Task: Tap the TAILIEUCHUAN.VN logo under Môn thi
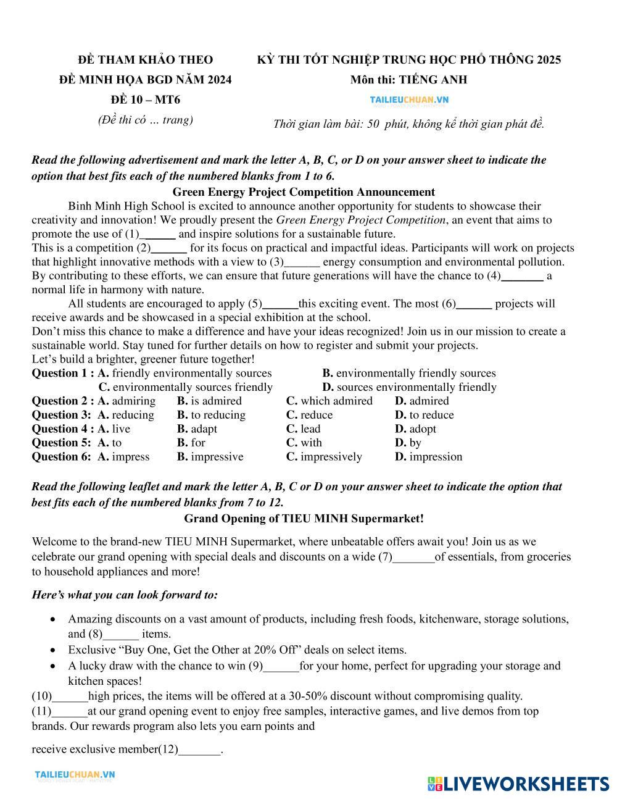click(x=409, y=99)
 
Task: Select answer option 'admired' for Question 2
click(x=429, y=401)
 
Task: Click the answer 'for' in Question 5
click(x=198, y=443)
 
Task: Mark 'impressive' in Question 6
click(x=217, y=457)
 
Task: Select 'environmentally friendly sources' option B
click(x=415, y=373)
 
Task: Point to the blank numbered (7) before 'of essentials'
click(x=414, y=557)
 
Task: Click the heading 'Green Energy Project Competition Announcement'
click(x=304, y=192)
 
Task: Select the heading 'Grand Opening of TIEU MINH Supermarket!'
click(x=304, y=519)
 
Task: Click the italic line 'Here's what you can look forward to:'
click(x=125, y=595)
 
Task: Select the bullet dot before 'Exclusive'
click(x=56, y=650)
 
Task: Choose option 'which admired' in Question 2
click(x=336, y=401)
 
